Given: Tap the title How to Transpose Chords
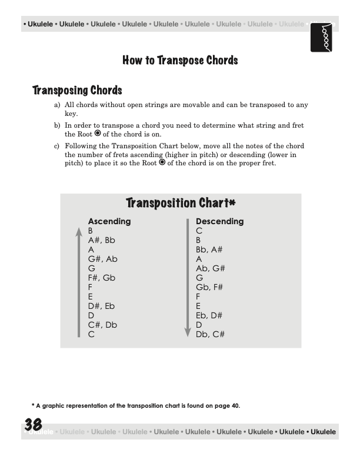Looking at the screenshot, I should tap(180, 60).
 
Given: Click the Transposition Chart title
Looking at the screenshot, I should tap(181, 203).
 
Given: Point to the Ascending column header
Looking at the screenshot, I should tap(109, 221).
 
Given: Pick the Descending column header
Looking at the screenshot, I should tap(219, 221).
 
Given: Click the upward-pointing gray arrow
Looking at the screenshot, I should tap(78, 282).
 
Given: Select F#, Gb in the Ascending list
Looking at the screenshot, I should tap(102, 278).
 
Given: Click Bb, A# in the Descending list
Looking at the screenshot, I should tap(209, 249).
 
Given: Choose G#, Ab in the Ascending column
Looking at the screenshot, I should tap(102, 259).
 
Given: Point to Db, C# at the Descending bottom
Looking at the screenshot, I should tap(210, 334).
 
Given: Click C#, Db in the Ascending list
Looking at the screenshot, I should tap(102, 325).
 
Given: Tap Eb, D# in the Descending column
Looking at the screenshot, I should tap(209, 315).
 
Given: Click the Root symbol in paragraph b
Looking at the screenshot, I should tap(98, 134).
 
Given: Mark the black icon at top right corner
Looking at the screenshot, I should tap(322, 37).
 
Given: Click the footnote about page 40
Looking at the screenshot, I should tap(136, 405).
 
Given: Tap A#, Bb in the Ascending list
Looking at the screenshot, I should tap(101, 240).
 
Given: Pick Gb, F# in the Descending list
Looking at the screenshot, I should tap(209, 287).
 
